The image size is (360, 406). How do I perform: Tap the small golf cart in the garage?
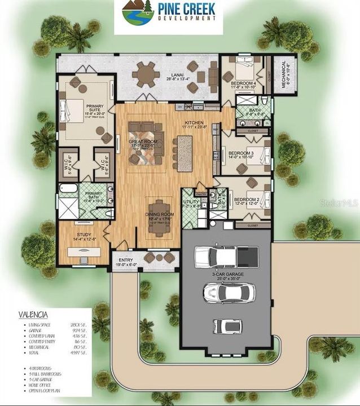225,326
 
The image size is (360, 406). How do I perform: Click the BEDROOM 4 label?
243,83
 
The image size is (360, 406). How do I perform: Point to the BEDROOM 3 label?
240,153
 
